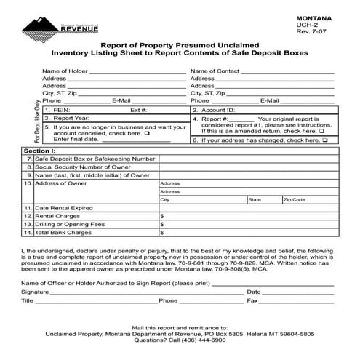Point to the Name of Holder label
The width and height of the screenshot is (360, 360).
[65, 71]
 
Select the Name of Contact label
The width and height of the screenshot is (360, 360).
[215, 71]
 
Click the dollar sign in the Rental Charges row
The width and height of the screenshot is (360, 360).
[161, 216]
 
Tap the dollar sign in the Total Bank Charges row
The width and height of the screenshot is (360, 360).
[161, 233]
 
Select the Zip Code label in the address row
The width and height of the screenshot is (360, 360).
[295, 199]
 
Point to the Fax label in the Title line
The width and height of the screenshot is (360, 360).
[252, 300]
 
